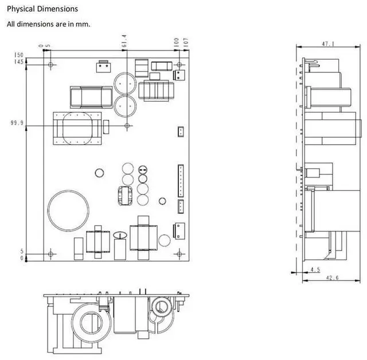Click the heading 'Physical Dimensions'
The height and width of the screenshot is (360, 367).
[x=42, y=9]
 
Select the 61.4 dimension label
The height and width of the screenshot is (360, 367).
[x=124, y=41]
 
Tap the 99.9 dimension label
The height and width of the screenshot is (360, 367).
[x=17, y=122]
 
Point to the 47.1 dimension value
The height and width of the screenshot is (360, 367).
[x=328, y=44]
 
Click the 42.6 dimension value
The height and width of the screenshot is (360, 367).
[x=333, y=278]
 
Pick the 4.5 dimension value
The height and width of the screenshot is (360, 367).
[x=315, y=269]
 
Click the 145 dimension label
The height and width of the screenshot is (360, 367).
[x=19, y=61]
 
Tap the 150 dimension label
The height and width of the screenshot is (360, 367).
[x=19, y=55]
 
